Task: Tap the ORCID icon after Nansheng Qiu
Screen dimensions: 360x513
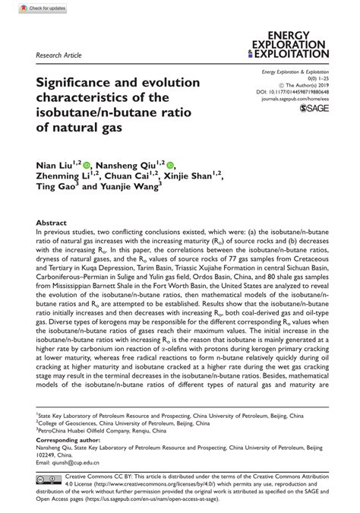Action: click(x=170, y=164)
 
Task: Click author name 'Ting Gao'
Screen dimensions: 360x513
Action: click(x=55, y=190)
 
